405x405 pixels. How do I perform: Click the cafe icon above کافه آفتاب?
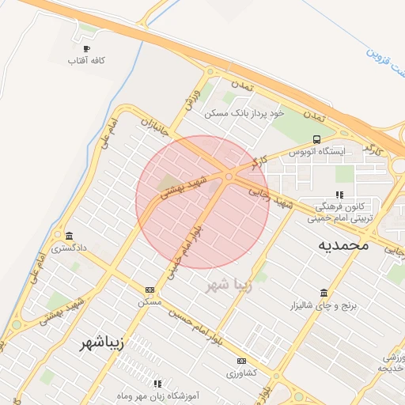[87, 48]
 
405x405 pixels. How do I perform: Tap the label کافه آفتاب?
[87, 60]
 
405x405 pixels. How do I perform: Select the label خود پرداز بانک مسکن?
[242, 113]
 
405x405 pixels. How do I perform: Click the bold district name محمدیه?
[343, 244]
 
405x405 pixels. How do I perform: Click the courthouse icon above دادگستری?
[70, 237]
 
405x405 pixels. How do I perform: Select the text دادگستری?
[69, 248]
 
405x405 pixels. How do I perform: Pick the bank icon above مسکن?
[150, 290]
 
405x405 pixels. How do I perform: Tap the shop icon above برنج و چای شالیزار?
[324, 293]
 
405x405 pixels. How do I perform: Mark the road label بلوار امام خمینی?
[183, 250]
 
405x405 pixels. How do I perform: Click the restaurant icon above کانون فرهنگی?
[339, 194]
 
